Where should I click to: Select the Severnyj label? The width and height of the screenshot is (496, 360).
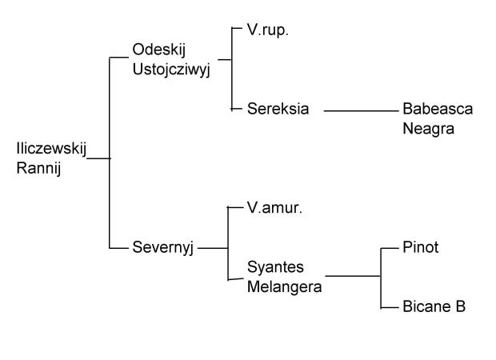164,248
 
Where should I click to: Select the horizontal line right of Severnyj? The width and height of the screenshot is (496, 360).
213,248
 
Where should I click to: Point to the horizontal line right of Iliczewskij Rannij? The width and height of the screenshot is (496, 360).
97,158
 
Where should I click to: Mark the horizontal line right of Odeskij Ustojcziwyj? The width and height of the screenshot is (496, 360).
224,58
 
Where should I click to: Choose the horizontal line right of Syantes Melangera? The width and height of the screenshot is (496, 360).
352,277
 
